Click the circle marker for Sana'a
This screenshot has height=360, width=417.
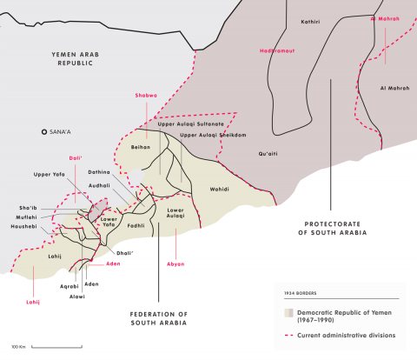[x=44, y=131]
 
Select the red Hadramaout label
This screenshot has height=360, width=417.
[x=277, y=50]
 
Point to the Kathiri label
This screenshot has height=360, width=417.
[x=311, y=21]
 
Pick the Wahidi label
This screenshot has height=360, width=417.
[x=219, y=188]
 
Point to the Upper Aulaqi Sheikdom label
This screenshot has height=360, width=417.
[x=212, y=136]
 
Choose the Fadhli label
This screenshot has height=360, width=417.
[x=136, y=224]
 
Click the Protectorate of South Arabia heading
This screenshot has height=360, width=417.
[x=332, y=228]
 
